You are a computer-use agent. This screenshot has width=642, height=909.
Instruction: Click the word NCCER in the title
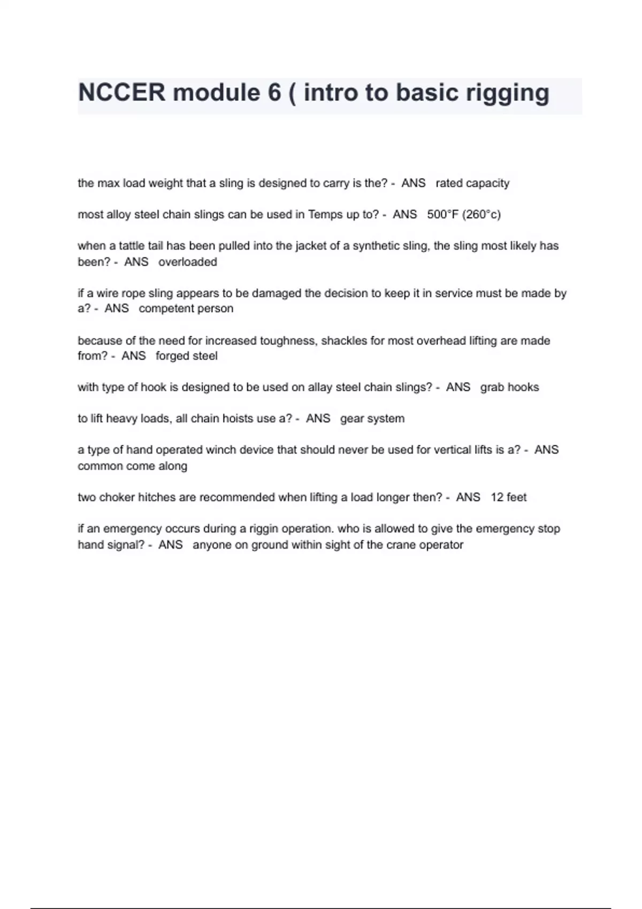[122, 93]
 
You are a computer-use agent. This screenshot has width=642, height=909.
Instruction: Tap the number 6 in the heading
[274, 93]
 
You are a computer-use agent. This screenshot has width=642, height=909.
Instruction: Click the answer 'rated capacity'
[472, 183]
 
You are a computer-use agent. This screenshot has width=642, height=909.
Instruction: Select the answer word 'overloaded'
[187, 262]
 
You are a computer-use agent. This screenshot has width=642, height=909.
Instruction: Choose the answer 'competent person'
[186, 309]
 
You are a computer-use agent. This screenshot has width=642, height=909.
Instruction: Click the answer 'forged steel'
[186, 356]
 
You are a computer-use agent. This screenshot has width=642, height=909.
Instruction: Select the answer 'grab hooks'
[509, 387]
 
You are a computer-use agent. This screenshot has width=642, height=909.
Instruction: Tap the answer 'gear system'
[372, 419]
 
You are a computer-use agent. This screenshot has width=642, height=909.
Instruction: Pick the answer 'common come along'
[132, 466]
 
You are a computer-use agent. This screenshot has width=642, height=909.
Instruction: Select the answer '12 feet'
[508, 497]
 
